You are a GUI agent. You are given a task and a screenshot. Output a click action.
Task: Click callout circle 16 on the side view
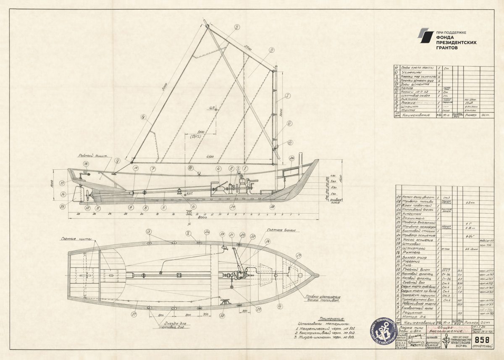click(x=86, y=164)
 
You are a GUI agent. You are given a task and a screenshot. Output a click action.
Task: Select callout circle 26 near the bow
click(x=292, y=158)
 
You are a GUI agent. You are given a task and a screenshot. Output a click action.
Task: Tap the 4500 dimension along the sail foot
click(x=210, y=157)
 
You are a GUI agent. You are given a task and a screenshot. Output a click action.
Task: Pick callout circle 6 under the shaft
click(x=193, y=206)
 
